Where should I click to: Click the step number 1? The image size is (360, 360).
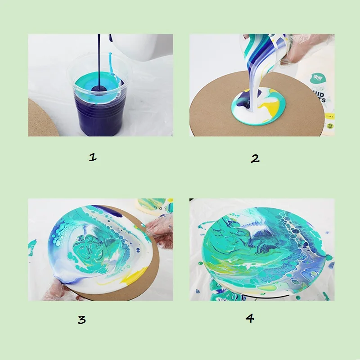click(x=93, y=157)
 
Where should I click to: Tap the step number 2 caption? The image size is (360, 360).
click(x=255, y=158)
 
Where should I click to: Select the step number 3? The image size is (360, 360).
click(x=81, y=319)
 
